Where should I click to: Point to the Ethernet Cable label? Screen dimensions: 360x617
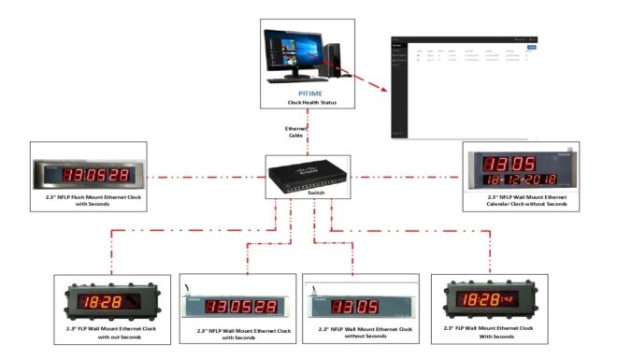(295, 131)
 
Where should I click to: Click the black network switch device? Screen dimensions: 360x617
(308, 175)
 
